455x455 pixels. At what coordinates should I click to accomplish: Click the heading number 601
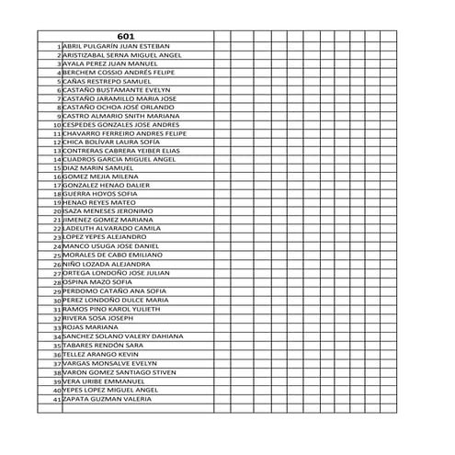[126, 36]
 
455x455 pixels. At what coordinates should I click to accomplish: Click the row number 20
[56, 212]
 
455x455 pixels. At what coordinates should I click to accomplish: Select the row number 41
[56, 401]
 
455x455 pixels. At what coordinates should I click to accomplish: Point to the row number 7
[58, 99]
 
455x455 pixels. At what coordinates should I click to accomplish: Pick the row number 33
[56, 327]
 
